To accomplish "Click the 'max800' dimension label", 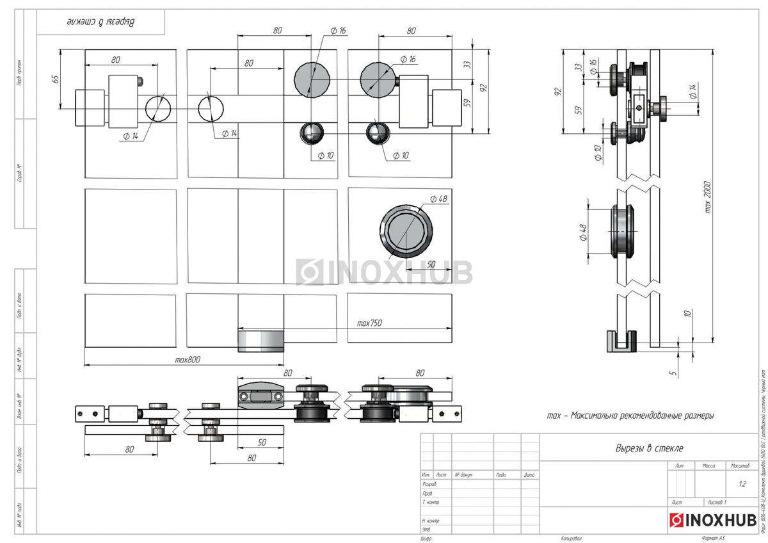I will click(x=188, y=360).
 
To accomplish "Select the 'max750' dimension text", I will click(x=369, y=323).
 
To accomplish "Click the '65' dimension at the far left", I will click(x=55, y=79).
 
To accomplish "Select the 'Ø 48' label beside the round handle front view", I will click(x=437, y=199).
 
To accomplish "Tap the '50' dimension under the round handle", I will click(x=430, y=264).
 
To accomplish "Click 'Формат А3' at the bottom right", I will click(x=713, y=539).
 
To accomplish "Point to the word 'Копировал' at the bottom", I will click(x=571, y=539).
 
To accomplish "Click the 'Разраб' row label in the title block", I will click(x=429, y=484).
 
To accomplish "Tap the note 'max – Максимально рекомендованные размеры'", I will click(x=630, y=416).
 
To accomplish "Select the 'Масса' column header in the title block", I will click(x=708, y=466).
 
